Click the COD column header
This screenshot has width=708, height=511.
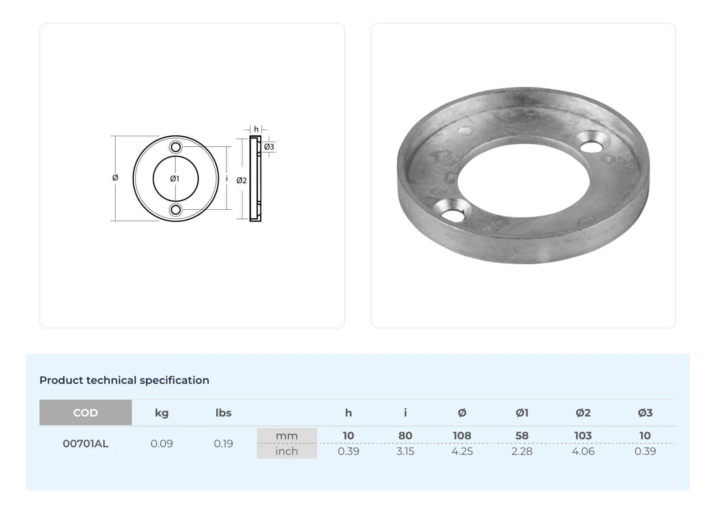click(85, 413)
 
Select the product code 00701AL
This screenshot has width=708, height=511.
click(85, 444)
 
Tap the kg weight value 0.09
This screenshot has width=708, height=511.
click(162, 444)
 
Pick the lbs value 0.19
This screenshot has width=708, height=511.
click(223, 444)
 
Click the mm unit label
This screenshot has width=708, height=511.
click(287, 436)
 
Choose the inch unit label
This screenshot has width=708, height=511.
click(287, 451)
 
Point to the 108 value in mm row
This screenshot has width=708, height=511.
click(462, 436)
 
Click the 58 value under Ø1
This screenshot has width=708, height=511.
click(522, 436)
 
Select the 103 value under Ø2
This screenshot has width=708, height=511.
click(583, 436)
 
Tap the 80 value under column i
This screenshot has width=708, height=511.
click(405, 436)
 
